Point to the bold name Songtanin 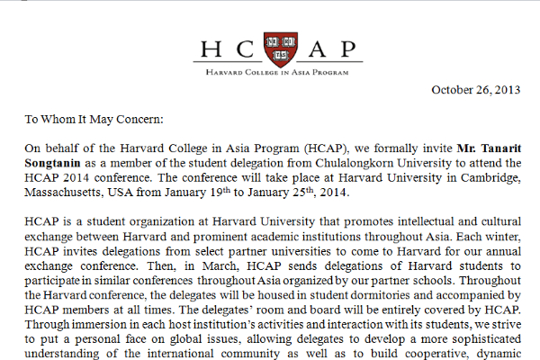[x=52, y=162]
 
